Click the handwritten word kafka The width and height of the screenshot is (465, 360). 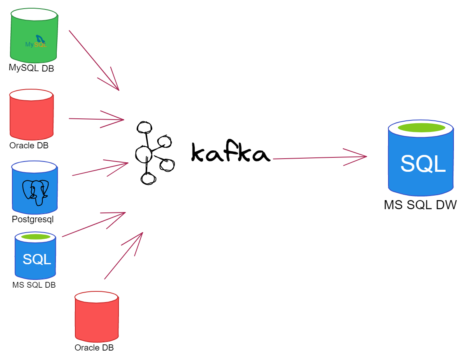pos(230,153)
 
